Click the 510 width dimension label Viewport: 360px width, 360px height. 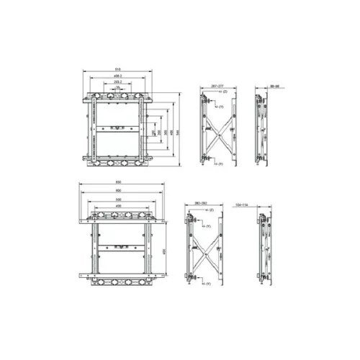click(x=117, y=69)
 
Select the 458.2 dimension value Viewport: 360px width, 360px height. click(x=117, y=76)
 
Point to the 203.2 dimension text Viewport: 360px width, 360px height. click(x=117, y=82)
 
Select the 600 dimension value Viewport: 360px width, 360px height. click(x=118, y=191)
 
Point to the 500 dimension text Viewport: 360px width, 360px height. click(x=118, y=199)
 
